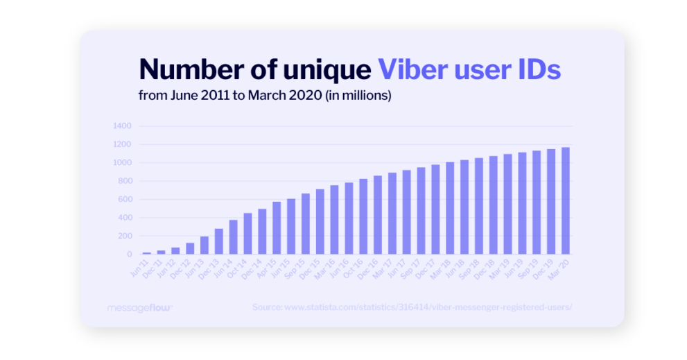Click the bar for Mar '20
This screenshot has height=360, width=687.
pyautogui.click(x=566, y=200)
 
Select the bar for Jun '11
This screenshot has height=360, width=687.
pyautogui.click(x=146, y=252)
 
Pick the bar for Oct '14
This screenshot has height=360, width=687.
pyautogui.click(x=247, y=233)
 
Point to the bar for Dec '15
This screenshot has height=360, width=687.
pyautogui.click(x=320, y=221)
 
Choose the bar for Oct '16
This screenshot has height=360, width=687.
pyautogui.click(x=363, y=216)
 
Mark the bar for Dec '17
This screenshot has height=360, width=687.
pyautogui.click(x=435, y=209)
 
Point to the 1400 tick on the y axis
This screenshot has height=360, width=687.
pyautogui.click(x=121, y=126)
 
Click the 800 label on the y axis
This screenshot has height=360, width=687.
pyautogui.click(x=124, y=181)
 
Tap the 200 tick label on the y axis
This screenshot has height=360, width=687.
pyautogui.click(x=124, y=236)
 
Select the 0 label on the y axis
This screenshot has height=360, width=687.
pyautogui.click(x=129, y=254)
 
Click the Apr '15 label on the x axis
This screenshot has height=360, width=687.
pyautogui.click(x=274, y=267)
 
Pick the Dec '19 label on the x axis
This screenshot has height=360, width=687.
pyautogui.click(x=548, y=267)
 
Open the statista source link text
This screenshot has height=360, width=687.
pyautogui.click(x=412, y=307)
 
